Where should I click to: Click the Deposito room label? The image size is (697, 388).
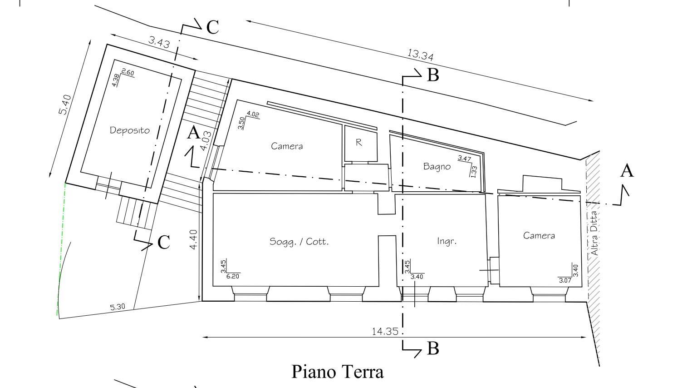pyautogui.click(x=130, y=130)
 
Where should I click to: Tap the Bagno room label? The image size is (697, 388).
pyautogui.click(x=437, y=166)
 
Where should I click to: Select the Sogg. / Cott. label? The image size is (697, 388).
pyautogui.click(x=299, y=242)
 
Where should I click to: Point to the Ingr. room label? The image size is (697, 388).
pyautogui.click(x=446, y=241)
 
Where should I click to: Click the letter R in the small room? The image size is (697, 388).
pyautogui.click(x=359, y=143)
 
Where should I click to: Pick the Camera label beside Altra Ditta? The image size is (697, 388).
pyautogui.click(x=539, y=235)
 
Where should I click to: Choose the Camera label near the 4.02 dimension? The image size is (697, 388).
pyautogui.click(x=287, y=146)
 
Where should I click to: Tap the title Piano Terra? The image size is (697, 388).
pyautogui.click(x=337, y=372)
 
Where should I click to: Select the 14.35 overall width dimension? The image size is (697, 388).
pyautogui.click(x=385, y=331)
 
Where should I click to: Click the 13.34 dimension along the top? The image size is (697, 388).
pyautogui.click(x=420, y=55)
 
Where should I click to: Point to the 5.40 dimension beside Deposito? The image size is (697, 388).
pyautogui.click(x=65, y=104)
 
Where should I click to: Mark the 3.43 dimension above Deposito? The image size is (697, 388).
pyautogui.click(x=159, y=43)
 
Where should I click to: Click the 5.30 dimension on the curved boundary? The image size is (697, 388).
pyautogui.click(x=118, y=307)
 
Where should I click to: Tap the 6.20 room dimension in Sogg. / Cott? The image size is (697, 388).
pyautogui.click(x=232, y=276)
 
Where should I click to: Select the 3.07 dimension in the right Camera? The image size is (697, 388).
pyautogui.click(x=565, y=280)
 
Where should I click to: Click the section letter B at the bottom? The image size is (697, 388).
pyautogui.click(x=433, y=348)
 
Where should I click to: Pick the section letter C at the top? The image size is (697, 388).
pyautogui.click(x=212, y=27)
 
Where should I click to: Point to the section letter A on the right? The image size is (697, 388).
pyautogui.click(x=627, y=171)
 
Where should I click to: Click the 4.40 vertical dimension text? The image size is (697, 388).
pyautogui.click(x=194, y=240)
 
